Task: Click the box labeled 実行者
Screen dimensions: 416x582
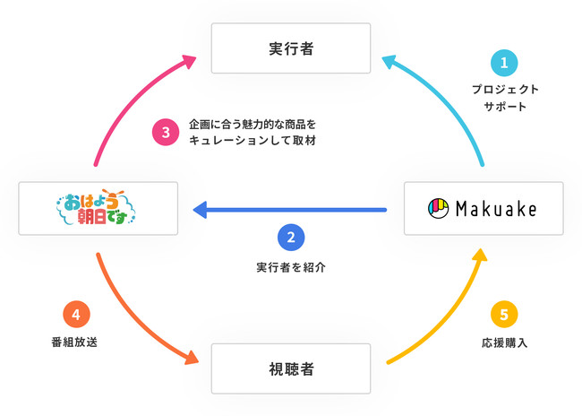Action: tap(290, 48)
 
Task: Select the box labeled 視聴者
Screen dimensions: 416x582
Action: tap(290, 368)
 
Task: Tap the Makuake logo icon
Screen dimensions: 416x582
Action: tap(438, 209)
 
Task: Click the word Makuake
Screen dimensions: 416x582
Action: tap(494, 209)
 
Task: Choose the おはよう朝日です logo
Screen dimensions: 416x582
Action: tap(98, 209)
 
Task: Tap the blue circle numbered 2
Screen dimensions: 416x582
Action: tap(291, 238)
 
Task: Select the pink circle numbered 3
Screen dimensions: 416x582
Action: tap(166, 133)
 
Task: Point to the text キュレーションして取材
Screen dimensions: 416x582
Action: tap(253, 142)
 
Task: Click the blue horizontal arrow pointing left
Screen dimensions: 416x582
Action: tap(291, 211)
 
